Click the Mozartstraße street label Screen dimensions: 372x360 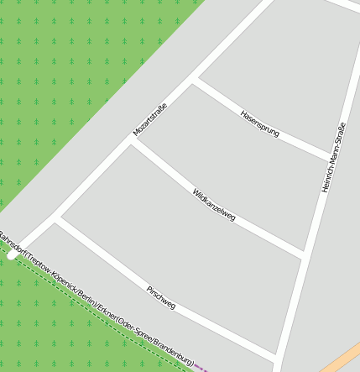point(151,119)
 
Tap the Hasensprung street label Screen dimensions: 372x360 point(259,123)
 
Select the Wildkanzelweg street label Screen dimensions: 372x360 point(214,204)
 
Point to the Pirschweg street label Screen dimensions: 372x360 point(161,297)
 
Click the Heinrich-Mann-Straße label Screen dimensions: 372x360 point(333,157)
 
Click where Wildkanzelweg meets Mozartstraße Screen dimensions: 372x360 point(133,140)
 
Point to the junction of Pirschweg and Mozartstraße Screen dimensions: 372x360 point(56,219)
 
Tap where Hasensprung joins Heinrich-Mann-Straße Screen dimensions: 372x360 point(331,157)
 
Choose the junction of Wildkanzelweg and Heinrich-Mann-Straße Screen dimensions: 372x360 point(303,254)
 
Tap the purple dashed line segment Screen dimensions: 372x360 point(201,366)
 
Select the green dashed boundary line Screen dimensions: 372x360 point(84,302)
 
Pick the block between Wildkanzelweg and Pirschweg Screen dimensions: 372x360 point(185,252)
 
